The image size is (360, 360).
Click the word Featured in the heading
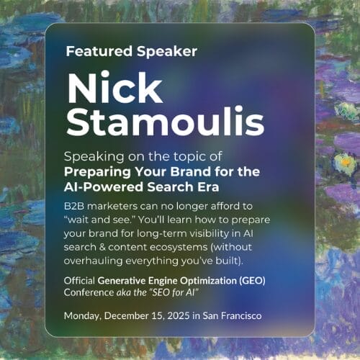click(x=99, y=51)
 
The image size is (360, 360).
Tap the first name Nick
click(x=115, y=88)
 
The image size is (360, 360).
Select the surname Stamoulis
click(x=166, y=122)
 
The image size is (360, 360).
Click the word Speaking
click(x=94, y=157)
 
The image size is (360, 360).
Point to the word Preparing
click(x=97, y=173)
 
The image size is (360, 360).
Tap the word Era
click(x=208, y=186)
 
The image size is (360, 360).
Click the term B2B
click(x=74, y=206)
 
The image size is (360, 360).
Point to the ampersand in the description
click(x=102, y=247)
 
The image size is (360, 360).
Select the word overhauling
click(x=93, y=261)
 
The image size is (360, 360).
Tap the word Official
click(x=79, y=280)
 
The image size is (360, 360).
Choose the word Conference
click(x=89, y=292)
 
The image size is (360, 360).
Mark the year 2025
click(x=179, y=315)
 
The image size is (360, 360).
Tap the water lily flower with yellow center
click(x=345, y=163)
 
